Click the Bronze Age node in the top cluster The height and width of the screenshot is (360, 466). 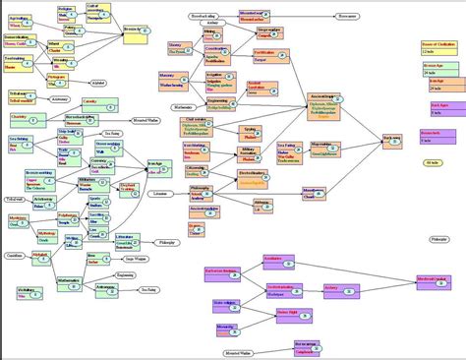[135, 31]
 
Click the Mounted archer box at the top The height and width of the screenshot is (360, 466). [254, 17]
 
